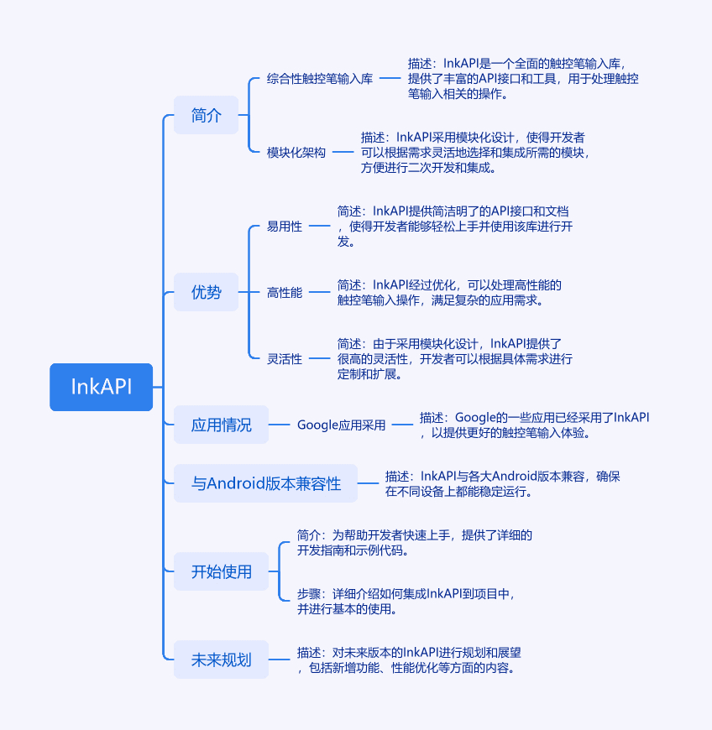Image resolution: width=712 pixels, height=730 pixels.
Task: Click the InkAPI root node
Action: coord(101,387)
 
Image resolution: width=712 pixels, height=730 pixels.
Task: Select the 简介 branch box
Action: coord(206,115)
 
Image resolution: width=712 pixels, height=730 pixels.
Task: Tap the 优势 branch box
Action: coord(206,292)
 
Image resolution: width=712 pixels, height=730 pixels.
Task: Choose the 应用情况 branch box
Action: coord(221,425)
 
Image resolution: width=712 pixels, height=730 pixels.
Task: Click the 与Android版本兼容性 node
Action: coord(265,483)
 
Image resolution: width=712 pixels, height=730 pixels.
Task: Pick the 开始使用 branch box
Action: coord(221,571)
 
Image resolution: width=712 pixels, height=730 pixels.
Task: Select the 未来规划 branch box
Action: coord(221,660)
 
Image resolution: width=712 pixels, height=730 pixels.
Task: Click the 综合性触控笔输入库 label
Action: coord(320,79)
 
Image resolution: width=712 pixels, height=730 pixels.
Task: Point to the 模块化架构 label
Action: coord(296,152)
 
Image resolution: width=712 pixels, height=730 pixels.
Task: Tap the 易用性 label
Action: coord(285,227)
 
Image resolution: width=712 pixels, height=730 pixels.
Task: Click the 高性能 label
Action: coord(285,292)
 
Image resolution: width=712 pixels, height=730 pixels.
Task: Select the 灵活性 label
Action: coord(285,358)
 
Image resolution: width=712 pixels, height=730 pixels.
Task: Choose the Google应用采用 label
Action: coord(341,425)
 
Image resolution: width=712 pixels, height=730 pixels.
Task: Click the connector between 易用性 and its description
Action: coord(320,226)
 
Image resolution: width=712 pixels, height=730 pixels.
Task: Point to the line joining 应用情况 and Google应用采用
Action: coord(279,425)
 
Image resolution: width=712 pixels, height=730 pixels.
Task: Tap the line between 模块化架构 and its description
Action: coord(343,152)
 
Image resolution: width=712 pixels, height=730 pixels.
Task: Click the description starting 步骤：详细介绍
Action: coord(406,601)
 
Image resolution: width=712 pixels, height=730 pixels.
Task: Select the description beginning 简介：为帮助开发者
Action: coord(415,542)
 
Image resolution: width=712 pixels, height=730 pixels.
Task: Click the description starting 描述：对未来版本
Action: coord(409,660)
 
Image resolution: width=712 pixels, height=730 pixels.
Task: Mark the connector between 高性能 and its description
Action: coord(320,292)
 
